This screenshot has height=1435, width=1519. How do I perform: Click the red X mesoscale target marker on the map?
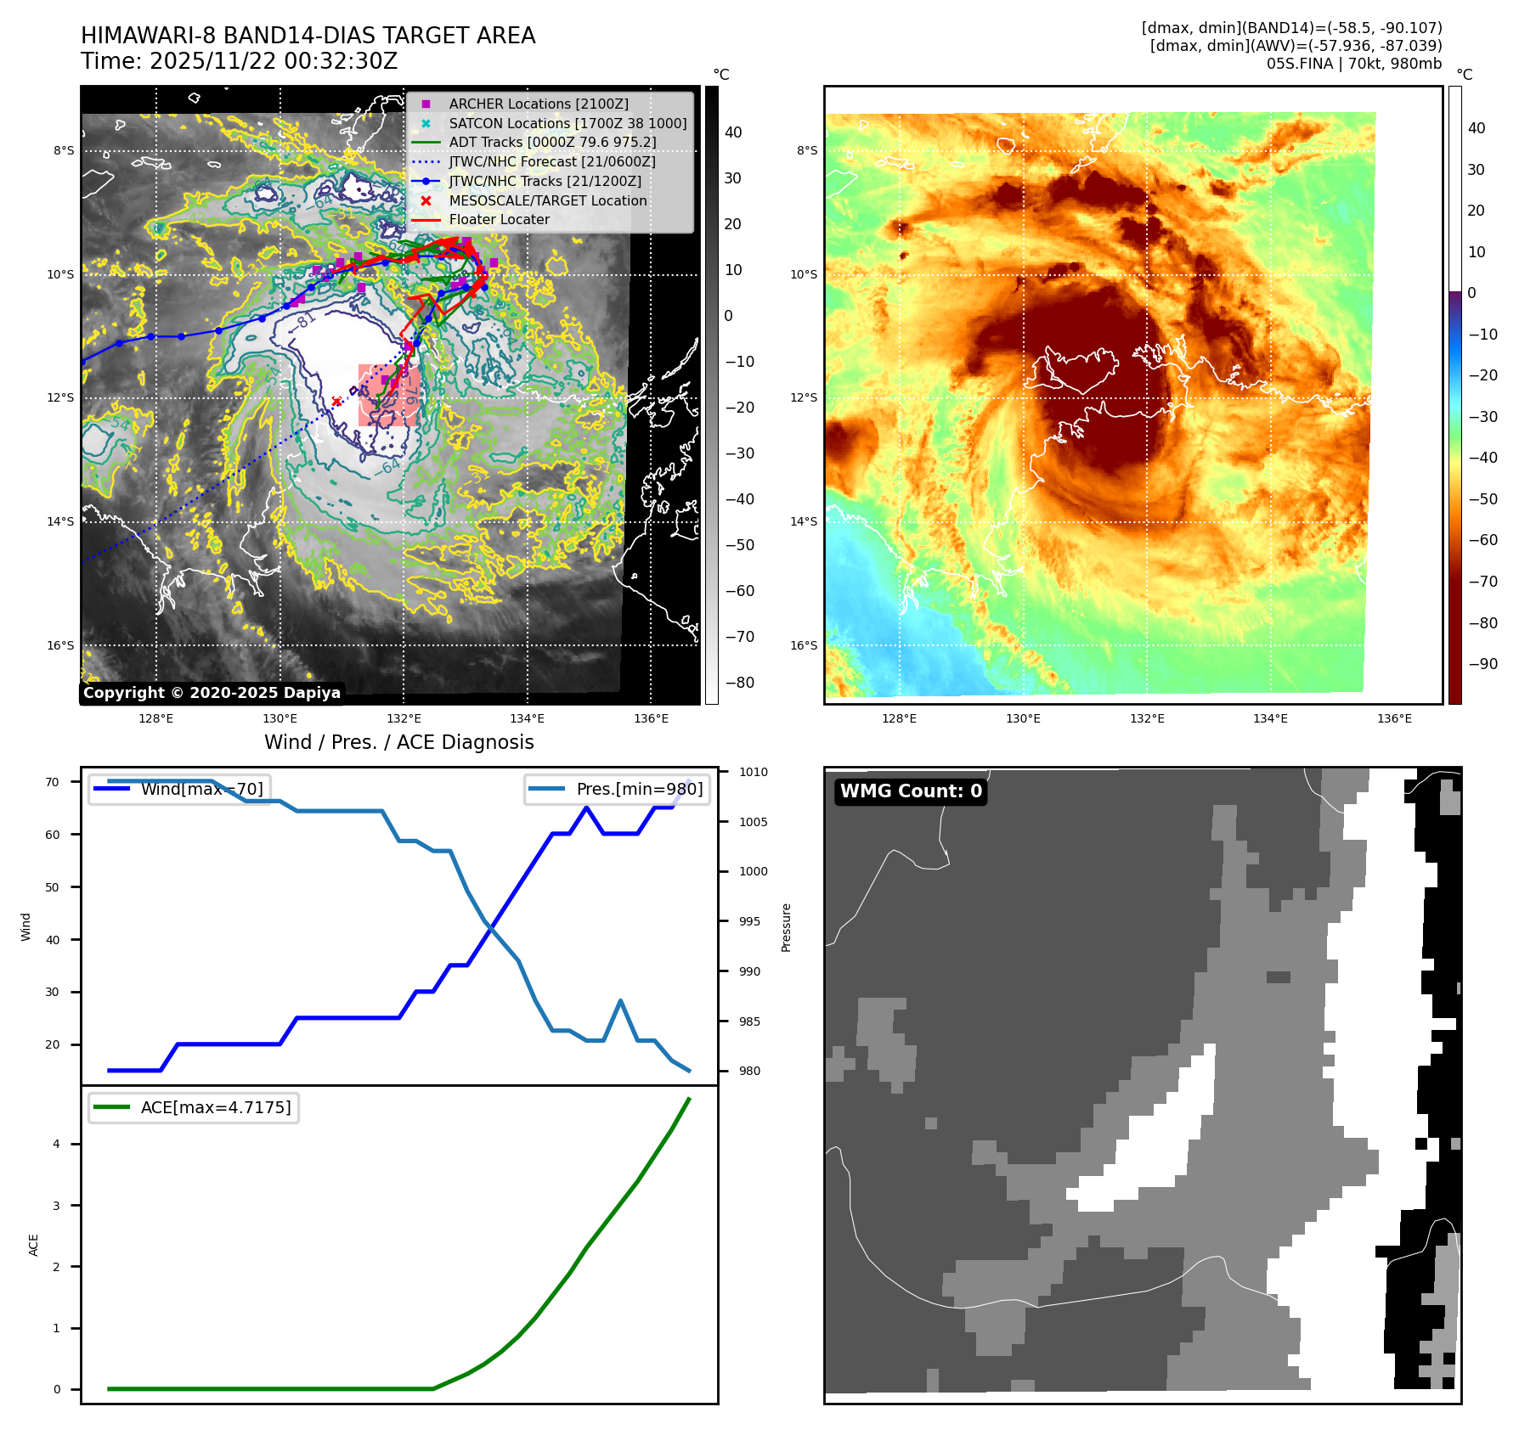point(336,401)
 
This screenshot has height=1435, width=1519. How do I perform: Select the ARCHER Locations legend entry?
point(539,104)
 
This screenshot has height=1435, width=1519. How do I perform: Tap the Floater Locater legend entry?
point(499,219)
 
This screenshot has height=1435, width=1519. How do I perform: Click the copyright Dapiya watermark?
point(212,693)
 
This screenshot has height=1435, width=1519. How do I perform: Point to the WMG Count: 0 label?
point(911,791)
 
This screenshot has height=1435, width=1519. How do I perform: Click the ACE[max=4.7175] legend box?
point(194,1107)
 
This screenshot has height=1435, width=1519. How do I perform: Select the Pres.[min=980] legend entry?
point(618,789)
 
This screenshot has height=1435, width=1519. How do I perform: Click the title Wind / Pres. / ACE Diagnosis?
point(399,742)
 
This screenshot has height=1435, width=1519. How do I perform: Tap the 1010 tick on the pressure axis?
point(753,772)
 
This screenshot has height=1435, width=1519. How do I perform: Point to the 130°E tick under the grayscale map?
point(280,718)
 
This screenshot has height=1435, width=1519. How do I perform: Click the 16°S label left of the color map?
point(804,645)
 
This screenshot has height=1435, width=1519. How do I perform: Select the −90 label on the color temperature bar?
point(1483,664)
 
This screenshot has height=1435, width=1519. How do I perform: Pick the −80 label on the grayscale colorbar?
point(739,683)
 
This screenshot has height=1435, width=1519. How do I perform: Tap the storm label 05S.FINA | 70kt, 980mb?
point(1354,64)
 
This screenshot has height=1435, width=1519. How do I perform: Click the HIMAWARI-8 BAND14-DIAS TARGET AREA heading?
point(308,36)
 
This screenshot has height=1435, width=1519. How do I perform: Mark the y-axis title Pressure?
point(786,927)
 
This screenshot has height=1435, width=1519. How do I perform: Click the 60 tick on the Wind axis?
point(53,835)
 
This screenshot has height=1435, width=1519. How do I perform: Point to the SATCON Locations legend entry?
point(568,123)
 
